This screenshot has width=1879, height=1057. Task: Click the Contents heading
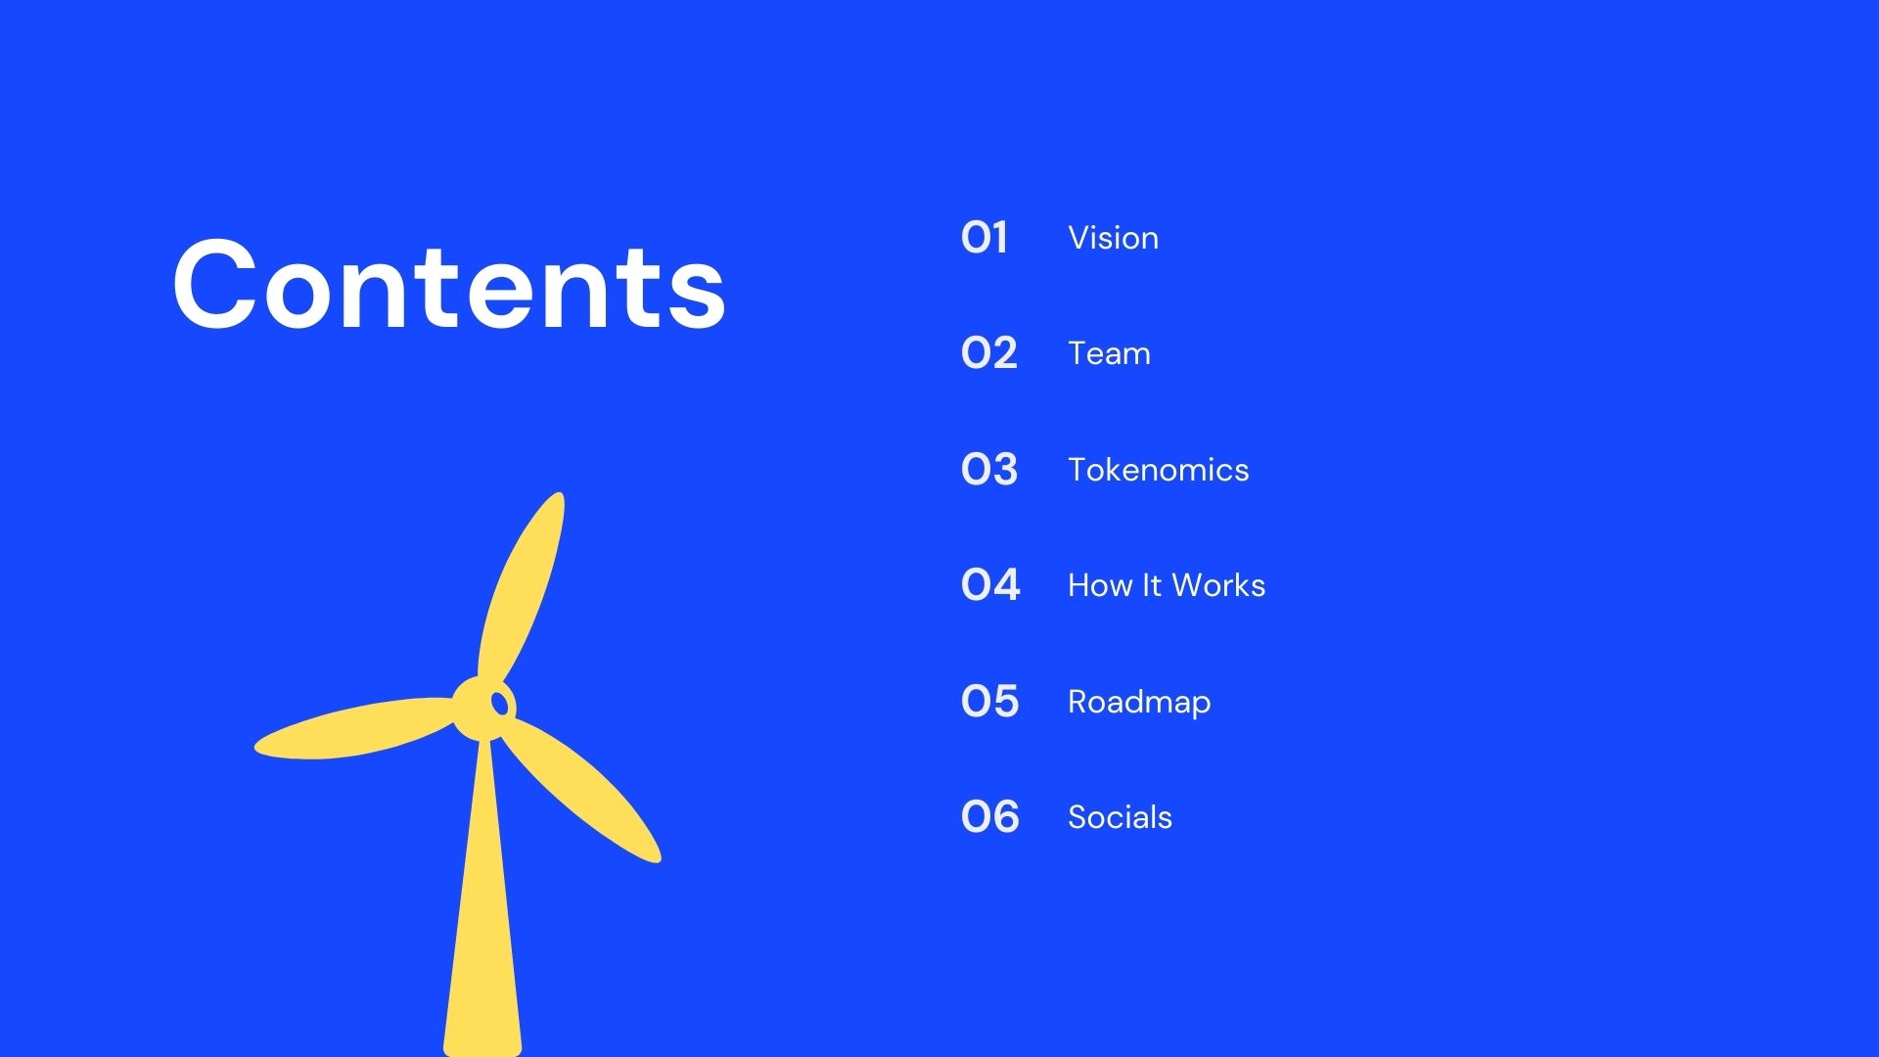pyautogui.click(x=449, y=285)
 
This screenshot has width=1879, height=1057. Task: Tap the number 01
pyautogui.click(x=985, y=238)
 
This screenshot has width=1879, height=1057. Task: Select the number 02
pyautogui.click(x=989, y=353)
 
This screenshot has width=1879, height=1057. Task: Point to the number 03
pyautogui.click(x=989, y=470)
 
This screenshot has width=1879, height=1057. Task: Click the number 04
pyautogui.click(x=990, y=585)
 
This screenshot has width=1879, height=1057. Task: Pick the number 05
pyautogui.click(x=990, y=702)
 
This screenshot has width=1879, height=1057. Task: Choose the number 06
pyautogui.click(x=990, y=817)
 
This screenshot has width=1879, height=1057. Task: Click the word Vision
pyautogui.click(x=1114, y=238)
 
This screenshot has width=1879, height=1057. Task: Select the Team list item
pyautogui.click(x=1109, y=353)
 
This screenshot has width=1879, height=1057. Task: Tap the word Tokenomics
pyautogui.click(x=1159, y=470)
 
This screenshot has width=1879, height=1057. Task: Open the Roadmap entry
pyautogui.click(x=1139, y=703)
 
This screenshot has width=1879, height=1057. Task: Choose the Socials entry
pyautogui.click(x=1120, y=817)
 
